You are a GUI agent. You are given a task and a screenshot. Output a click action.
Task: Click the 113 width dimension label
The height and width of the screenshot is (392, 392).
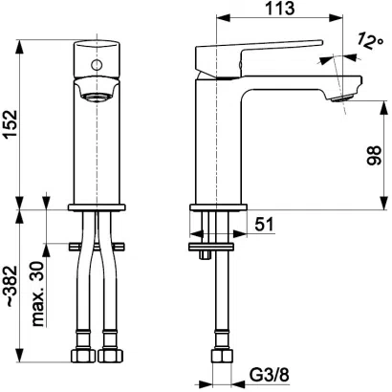point(278,11)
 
